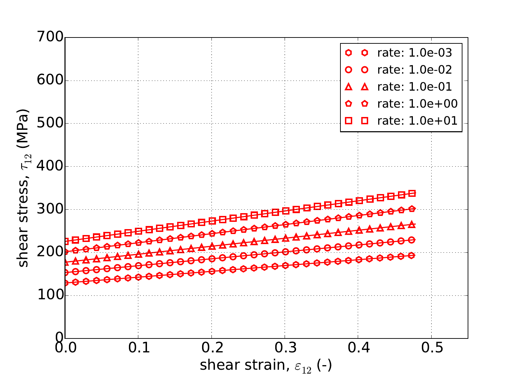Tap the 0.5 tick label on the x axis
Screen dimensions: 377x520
point(431,348)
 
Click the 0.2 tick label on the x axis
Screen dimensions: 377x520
point(211,348)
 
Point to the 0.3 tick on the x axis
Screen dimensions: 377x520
point(285,348)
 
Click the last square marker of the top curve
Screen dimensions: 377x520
point(412,194)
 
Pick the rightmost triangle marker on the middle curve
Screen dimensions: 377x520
point(412,224)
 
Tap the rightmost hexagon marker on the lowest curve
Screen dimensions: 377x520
point(412,255)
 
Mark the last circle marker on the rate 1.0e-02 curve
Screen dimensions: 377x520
point(412,240)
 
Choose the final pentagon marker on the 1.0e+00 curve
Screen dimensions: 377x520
point(412,209)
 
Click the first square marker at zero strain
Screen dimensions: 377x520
point(65,241)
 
